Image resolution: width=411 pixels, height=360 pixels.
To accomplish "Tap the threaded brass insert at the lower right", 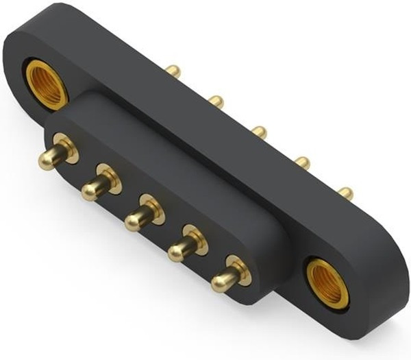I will pyautogui.click(x=327, y=284).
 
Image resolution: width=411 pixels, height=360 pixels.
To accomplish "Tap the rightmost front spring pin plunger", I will pyautogui.click(x=222, y=280).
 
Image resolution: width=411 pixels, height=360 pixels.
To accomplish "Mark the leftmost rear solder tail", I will pyautogui.click(x=173, y=71).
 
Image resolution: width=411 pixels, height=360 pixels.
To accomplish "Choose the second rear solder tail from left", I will pyautogui.click(x=216, y=101).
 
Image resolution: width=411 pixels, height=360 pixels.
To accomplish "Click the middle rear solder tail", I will pyautogui.click(x=259, y=131).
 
